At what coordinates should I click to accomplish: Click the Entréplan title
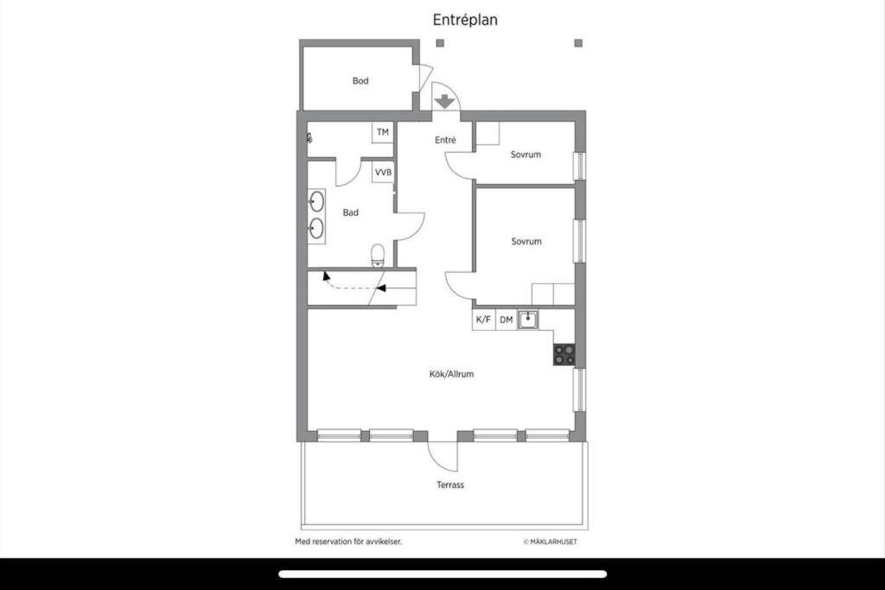click(x=465, y=20)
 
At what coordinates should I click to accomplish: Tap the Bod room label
click(x=360, y=80)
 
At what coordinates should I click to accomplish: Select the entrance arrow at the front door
click(x=445, y=102)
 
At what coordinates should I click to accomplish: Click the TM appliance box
click(x=383, y=132)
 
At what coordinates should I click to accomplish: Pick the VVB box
click(x=383, y=172)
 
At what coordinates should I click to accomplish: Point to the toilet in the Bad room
click(x=378, y=255)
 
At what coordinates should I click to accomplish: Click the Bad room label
click(x=351, y=213)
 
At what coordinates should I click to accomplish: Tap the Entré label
click(x=445, y=140)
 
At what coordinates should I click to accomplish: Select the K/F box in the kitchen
click(x=484, y=320)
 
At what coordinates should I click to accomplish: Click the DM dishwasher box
click(x=506, y=320)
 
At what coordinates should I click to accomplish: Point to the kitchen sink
click(x=528, y=320)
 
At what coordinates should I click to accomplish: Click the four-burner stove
click(x=564, y=355)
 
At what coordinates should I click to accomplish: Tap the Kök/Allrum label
click(x=451, y=374)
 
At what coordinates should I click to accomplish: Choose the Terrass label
click(x=450, y=485)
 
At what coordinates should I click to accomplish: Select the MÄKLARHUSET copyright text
click(x=551, y=542)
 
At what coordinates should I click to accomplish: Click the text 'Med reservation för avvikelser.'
click(x=349, y=542)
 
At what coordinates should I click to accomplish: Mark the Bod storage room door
click(x=425, y=77)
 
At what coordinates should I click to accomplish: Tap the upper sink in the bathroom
click(x=316, y=200)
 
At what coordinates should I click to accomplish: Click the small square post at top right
click(x=578, y=43)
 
